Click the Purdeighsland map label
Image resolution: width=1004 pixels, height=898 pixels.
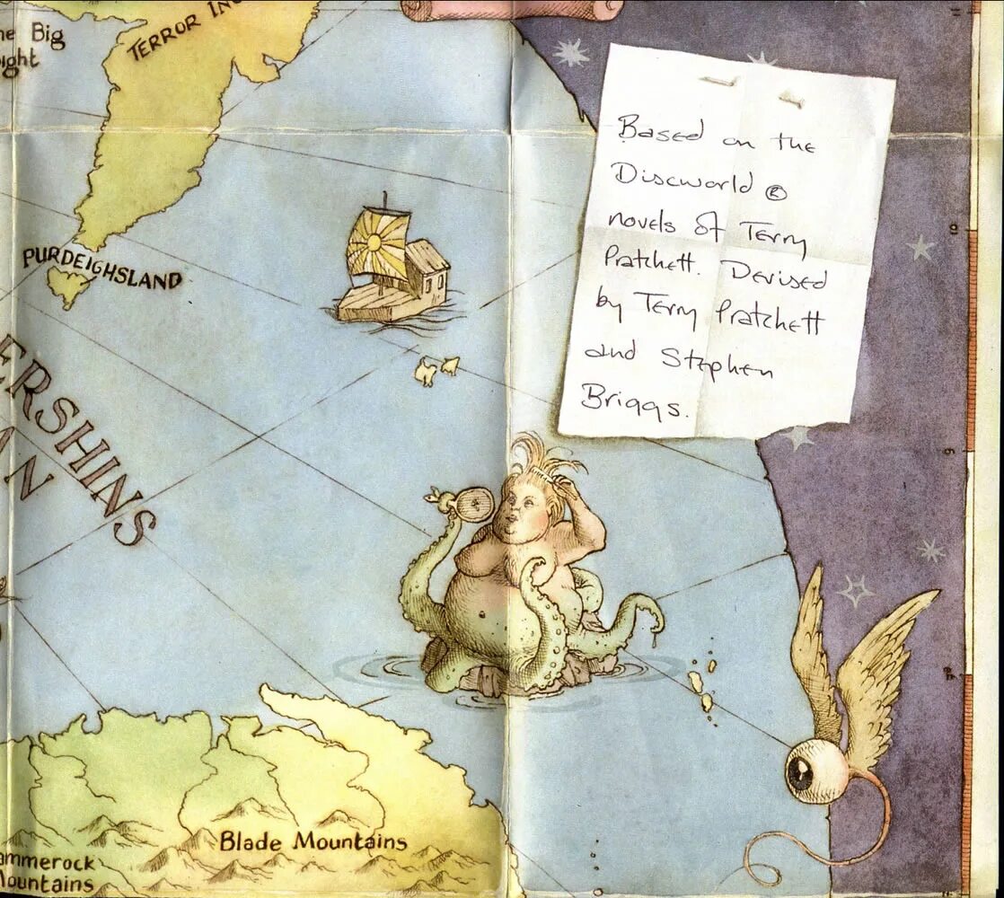coord(101,269)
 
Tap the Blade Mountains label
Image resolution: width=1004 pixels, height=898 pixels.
coord(313,842)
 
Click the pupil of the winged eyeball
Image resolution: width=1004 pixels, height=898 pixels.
coord(797,770)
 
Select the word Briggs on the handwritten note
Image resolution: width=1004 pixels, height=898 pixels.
coord(633,401)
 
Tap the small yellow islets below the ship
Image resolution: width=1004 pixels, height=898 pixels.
coord(436,368)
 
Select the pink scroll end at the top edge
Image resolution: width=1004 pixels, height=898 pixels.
coord(512,9)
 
